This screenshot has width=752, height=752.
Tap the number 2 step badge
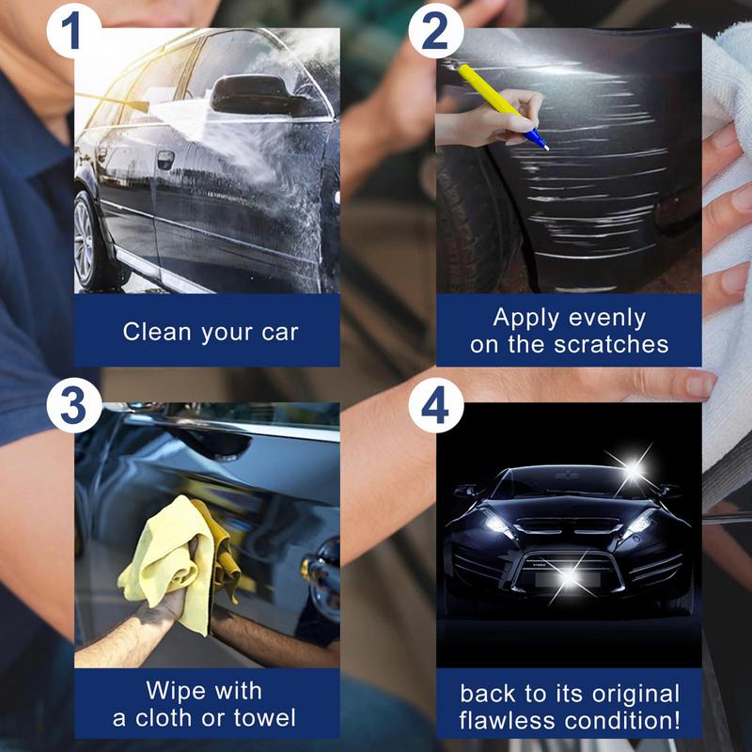tap(435, 31)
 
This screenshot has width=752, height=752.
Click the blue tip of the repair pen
tap(540, 142)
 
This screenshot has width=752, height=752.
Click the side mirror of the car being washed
tap(246, 94)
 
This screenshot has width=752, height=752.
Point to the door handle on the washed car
tap(165, 160)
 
